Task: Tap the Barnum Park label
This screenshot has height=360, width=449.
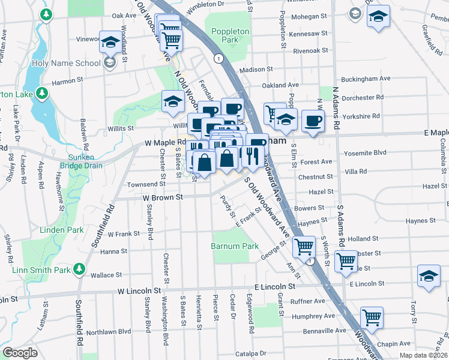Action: click(235, 246)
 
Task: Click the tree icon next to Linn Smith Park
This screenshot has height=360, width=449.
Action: click(79, 269)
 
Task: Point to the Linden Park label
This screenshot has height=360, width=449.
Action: click(62, 230)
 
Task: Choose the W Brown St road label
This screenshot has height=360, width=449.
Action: click(162, 197)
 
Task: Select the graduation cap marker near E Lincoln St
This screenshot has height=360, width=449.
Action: click(429, 277)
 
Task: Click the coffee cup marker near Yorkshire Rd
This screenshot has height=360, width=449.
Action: click(313, 121)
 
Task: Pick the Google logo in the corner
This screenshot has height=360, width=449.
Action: click(20, 353)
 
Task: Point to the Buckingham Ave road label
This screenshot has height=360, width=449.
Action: click(365, 79)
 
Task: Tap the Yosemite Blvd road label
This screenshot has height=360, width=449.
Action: click(364, 153)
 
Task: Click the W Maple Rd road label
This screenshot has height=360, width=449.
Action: click(165, 143)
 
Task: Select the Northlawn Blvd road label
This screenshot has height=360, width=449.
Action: click(108, 331)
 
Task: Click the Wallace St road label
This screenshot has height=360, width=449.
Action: click(106, 275)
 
